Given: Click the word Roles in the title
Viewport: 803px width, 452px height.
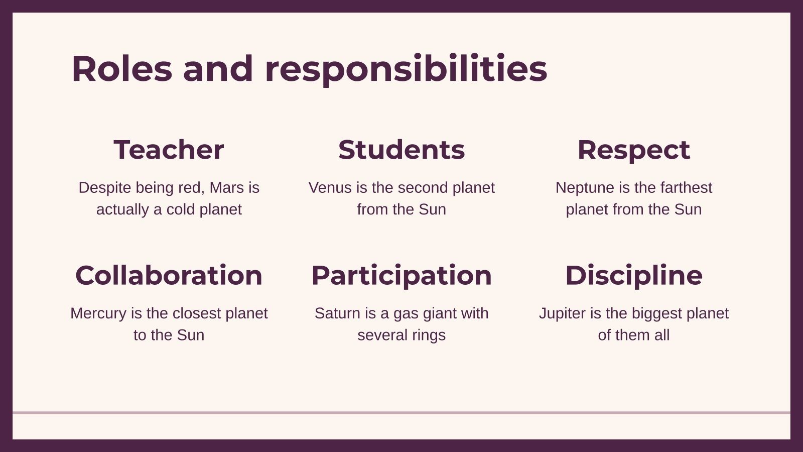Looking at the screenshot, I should pos(121,69).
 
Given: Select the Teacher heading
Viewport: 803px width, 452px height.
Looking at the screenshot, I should pos(169,150).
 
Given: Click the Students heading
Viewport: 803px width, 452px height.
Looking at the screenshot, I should pos(401,150).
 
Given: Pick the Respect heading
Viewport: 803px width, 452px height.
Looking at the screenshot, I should pos(633,150).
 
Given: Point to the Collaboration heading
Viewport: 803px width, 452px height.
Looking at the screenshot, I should pos(169,275).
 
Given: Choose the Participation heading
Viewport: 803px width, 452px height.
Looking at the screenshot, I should pos(401,275).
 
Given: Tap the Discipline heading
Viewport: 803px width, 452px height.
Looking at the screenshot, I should pos(633,275).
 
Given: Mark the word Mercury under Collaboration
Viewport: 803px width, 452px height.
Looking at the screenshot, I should pos(98,313).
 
